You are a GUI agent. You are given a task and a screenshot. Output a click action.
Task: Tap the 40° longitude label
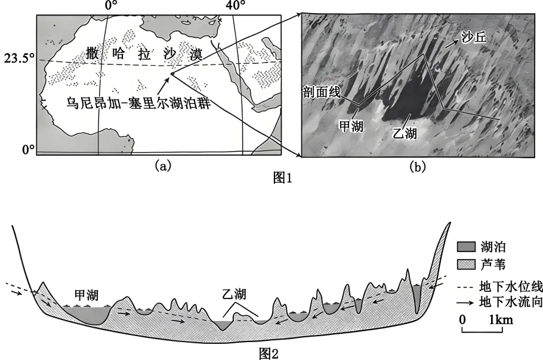(x=235, y=6)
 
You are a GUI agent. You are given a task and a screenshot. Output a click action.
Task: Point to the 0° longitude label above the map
(x=110, y=6)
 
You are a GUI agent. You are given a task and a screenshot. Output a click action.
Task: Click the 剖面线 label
(x=322, y=93)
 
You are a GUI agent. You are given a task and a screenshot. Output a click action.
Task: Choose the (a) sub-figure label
(x=163, y=167)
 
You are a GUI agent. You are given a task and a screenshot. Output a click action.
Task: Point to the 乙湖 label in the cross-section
(x=234, y=294)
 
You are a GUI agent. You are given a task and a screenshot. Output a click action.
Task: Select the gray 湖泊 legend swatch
(x=465, y=247)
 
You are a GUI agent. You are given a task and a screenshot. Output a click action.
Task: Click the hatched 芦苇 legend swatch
(x=465, y=264)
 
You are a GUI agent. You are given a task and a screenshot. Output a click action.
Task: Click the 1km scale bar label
(x=500, y=320)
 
